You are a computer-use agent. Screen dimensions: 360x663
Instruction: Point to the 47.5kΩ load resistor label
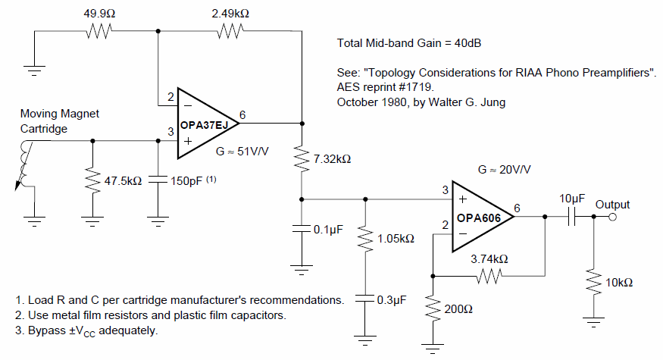[121, 182]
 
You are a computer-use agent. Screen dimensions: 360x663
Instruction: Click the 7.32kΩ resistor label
[333, 159]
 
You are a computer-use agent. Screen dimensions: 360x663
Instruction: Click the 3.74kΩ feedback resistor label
[489, 258]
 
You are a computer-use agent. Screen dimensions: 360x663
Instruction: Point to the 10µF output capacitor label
[573, 198]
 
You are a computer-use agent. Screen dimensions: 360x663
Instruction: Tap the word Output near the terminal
[612, 205]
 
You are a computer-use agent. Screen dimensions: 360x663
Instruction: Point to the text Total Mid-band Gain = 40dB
[410, 44]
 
